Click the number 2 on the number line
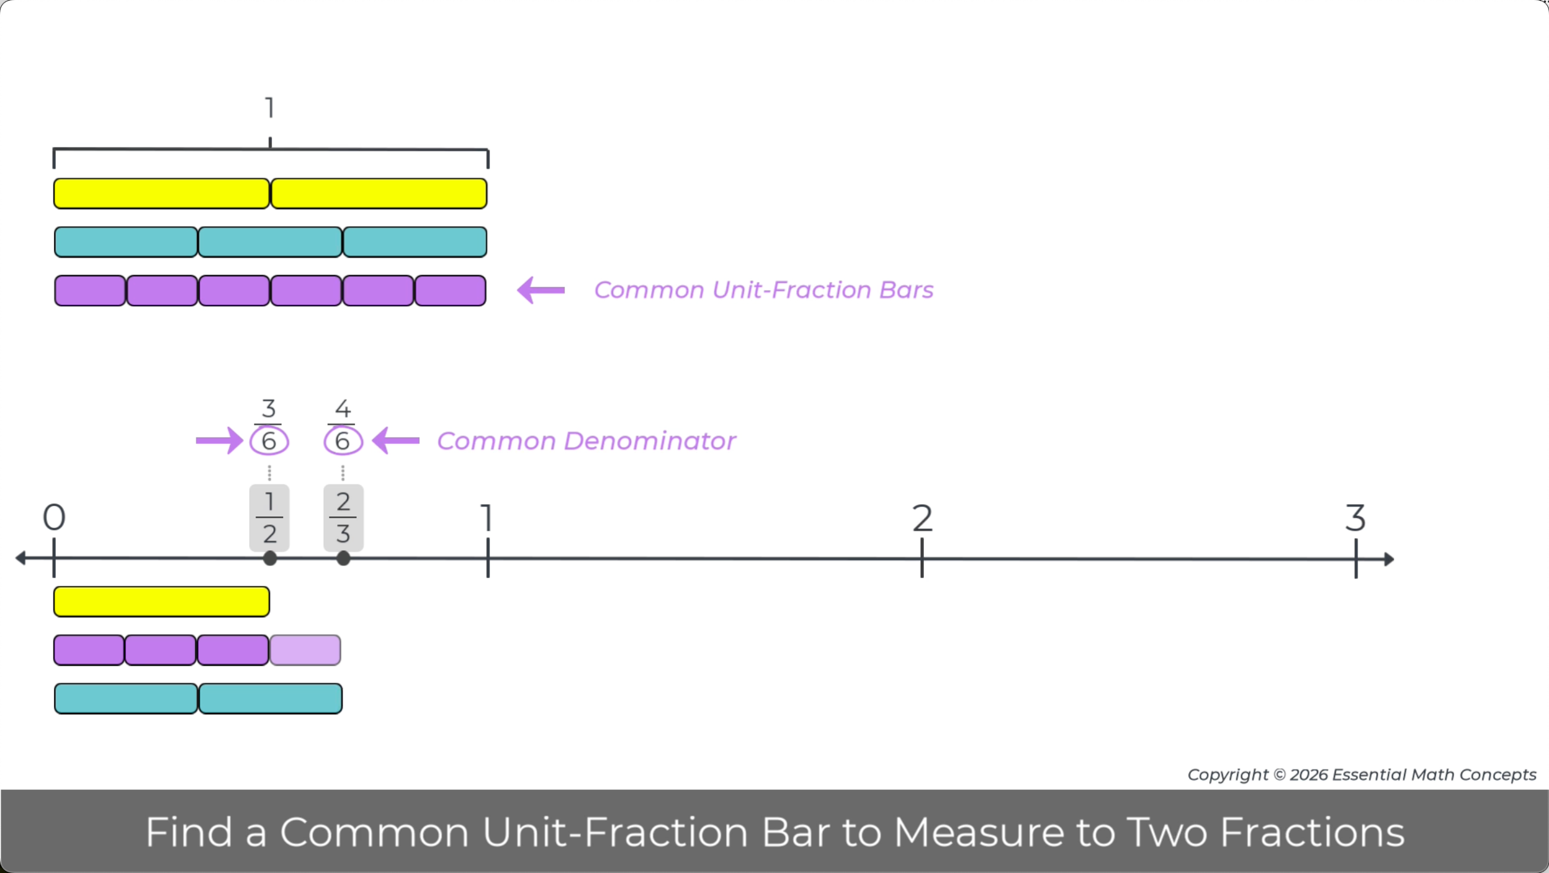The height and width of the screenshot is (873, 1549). coord(922,518)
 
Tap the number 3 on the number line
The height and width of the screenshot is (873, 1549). coord(1355,518)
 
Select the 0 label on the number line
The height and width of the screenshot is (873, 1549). coord(54,517)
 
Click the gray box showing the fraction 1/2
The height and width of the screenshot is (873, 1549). coord(270,518)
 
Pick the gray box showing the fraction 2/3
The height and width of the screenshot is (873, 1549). coord(343,518)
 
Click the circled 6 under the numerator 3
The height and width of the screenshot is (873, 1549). coord(269,441)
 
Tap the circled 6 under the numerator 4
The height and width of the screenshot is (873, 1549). coord(343,441)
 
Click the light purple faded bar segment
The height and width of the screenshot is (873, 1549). coord(305,650)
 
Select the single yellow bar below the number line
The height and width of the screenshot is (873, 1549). coord(162,601)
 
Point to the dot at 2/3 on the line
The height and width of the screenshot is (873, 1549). coord(343,559)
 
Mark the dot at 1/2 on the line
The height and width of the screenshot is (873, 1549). coord(270,559)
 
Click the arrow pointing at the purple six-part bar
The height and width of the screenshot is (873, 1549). coord(541,290)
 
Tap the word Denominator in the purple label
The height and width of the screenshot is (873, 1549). coord(650,441)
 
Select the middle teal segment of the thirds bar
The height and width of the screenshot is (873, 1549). coord(270,242)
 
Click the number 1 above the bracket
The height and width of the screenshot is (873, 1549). coord(270,108)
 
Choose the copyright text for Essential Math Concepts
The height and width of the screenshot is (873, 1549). coord(1362,775)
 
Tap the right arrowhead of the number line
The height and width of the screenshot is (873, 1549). coord(1389,559)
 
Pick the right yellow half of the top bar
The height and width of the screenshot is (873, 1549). coord(379,193)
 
